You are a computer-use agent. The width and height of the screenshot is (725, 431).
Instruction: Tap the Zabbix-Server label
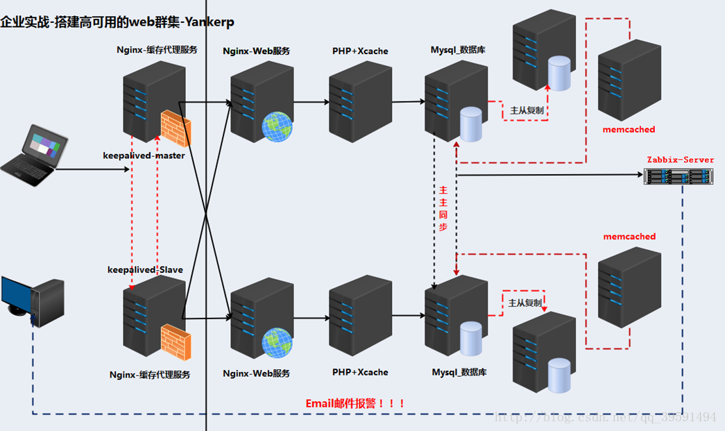click(680, 160)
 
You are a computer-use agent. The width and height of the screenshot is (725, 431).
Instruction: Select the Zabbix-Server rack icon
click(679, 177)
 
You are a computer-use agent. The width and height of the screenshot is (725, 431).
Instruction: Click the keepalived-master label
click(144, 155)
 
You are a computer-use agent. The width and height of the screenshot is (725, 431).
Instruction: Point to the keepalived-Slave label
click(144, 269)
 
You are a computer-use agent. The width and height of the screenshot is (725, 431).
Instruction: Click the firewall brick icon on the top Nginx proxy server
click(176, 127)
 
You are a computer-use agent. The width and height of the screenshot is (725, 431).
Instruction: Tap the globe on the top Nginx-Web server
click(277, 127)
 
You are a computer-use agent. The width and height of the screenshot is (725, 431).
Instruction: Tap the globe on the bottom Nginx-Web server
click(277, 342)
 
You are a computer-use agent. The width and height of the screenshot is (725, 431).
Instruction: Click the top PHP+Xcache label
click(360, 51)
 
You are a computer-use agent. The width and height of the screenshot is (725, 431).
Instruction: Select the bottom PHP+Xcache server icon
click(360, 316)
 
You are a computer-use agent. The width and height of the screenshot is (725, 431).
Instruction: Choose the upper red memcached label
click(629, 129)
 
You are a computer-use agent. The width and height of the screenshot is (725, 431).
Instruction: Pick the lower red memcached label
click(629, 237)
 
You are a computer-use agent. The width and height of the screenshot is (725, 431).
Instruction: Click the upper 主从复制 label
click(527, 110)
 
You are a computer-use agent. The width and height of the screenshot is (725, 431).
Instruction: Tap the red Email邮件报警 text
click(355, 403)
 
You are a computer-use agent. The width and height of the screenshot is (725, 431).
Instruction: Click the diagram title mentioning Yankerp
click(117, 22)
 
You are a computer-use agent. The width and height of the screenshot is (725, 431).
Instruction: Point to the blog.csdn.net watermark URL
click(604, 417)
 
